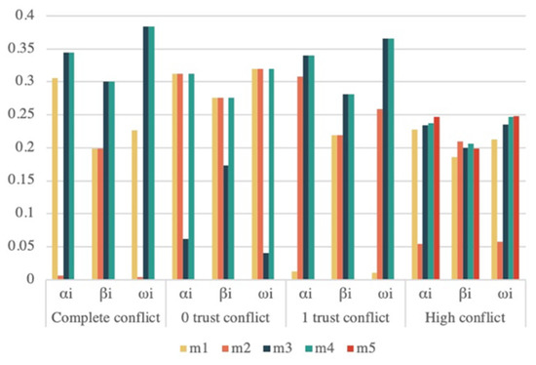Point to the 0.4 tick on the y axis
pos(19,17)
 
